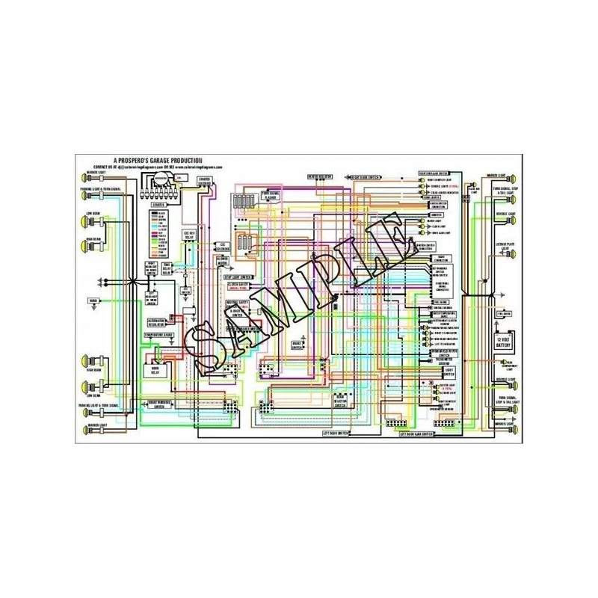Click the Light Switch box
[449, 371]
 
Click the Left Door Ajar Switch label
[416, 434]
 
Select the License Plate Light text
[506, 246]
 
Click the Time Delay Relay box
[167, 269]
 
